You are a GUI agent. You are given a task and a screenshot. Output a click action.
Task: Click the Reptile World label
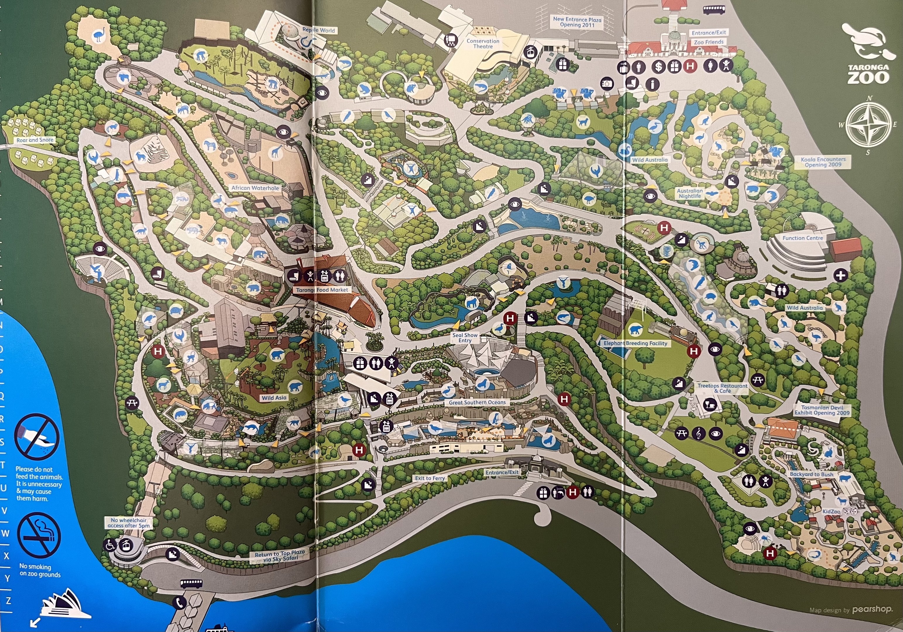click(x=319, y=30)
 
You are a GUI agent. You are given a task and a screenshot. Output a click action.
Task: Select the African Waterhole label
click(x=255, y=188)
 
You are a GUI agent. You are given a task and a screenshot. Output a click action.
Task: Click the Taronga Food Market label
click(x=322, y=290)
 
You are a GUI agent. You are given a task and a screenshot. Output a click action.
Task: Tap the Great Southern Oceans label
click(x=478, y=402)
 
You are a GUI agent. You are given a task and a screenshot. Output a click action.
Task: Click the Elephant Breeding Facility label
click(x=635, y=343)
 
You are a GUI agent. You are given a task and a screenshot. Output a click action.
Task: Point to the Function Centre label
click(x=802, y=238)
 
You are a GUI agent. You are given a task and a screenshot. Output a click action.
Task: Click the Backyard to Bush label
click(x=811, y=474)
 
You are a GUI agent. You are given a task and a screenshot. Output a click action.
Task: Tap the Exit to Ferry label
click(x=430, y=478)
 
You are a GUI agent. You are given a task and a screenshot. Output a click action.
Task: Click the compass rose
click(x=868, y=125)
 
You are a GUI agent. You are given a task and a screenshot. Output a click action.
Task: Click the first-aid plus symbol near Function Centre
click(x=841, y=275)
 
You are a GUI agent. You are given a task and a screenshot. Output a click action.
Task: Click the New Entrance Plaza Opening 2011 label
click(x=577, y=22)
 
